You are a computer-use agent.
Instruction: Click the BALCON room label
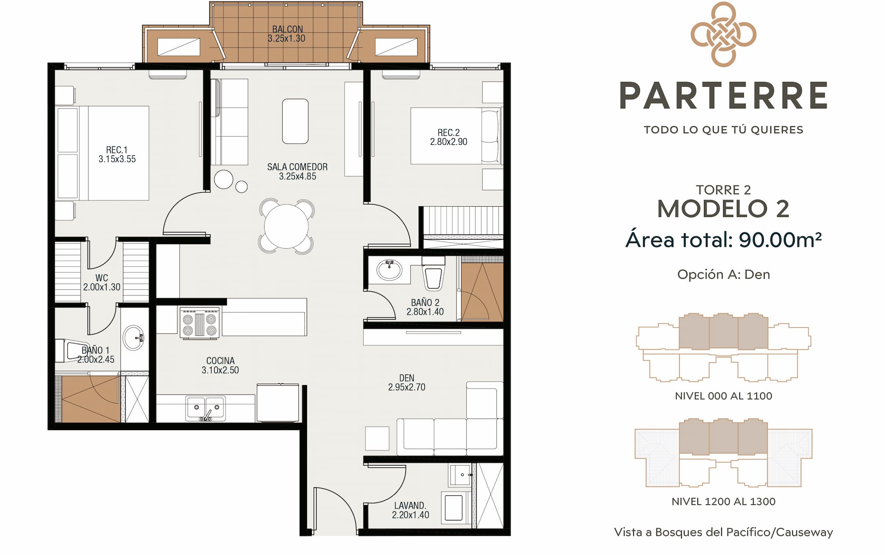(x=287, y=29)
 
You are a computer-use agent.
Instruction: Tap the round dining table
(x=286, y=226)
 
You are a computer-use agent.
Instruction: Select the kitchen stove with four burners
(x=200, y=323)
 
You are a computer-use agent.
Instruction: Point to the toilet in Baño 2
(x=433, y=273)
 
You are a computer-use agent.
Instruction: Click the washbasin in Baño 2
(x=389, y=270)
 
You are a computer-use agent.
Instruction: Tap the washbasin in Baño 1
(x=133, y=338)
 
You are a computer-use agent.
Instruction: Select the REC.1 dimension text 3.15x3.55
(x=117, y=159)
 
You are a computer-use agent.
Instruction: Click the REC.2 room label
(x=449, y=133)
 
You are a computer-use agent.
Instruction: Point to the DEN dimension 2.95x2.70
(x=407, y=387)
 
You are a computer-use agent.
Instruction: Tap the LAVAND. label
(x=410, y=505)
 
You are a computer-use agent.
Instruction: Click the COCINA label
(x=220, y=361)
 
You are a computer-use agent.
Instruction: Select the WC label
(x=101, y=278)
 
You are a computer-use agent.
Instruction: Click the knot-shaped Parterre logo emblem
(x=723, y=35)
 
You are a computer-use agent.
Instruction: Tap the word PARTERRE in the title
(x=723, y=95)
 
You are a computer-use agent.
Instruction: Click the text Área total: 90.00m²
(x=723, y=239)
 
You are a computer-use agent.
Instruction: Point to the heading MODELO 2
(x=723, y=208)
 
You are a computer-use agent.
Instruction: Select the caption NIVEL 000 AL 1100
(x=723, y=396)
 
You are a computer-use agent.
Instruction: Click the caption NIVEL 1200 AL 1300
(x=723, y=501)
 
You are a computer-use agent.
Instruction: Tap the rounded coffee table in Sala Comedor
(x=295, y=121)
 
